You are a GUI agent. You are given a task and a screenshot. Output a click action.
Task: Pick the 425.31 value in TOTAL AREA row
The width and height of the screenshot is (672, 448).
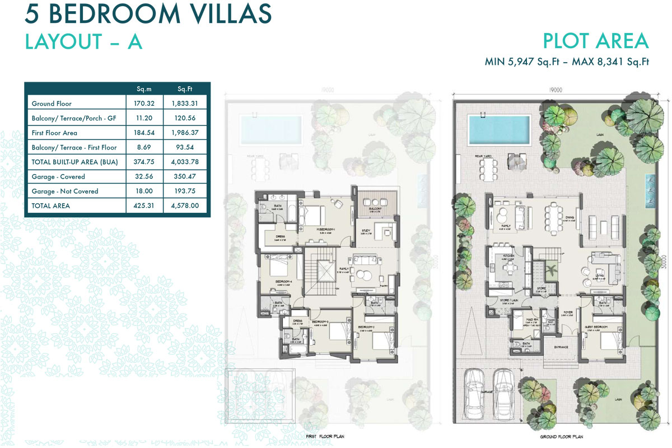click(x=144, y=206)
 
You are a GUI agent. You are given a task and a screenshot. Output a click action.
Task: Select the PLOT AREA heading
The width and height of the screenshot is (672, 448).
click(x=595, y=41)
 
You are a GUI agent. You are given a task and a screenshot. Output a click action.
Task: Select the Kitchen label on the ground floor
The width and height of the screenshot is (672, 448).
click(x=508, y=255)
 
